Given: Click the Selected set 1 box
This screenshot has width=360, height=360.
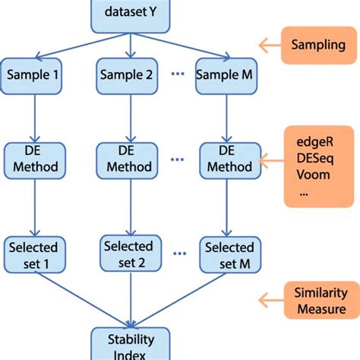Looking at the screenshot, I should click(33, 254).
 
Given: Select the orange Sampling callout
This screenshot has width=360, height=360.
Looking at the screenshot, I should click(317, 45).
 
